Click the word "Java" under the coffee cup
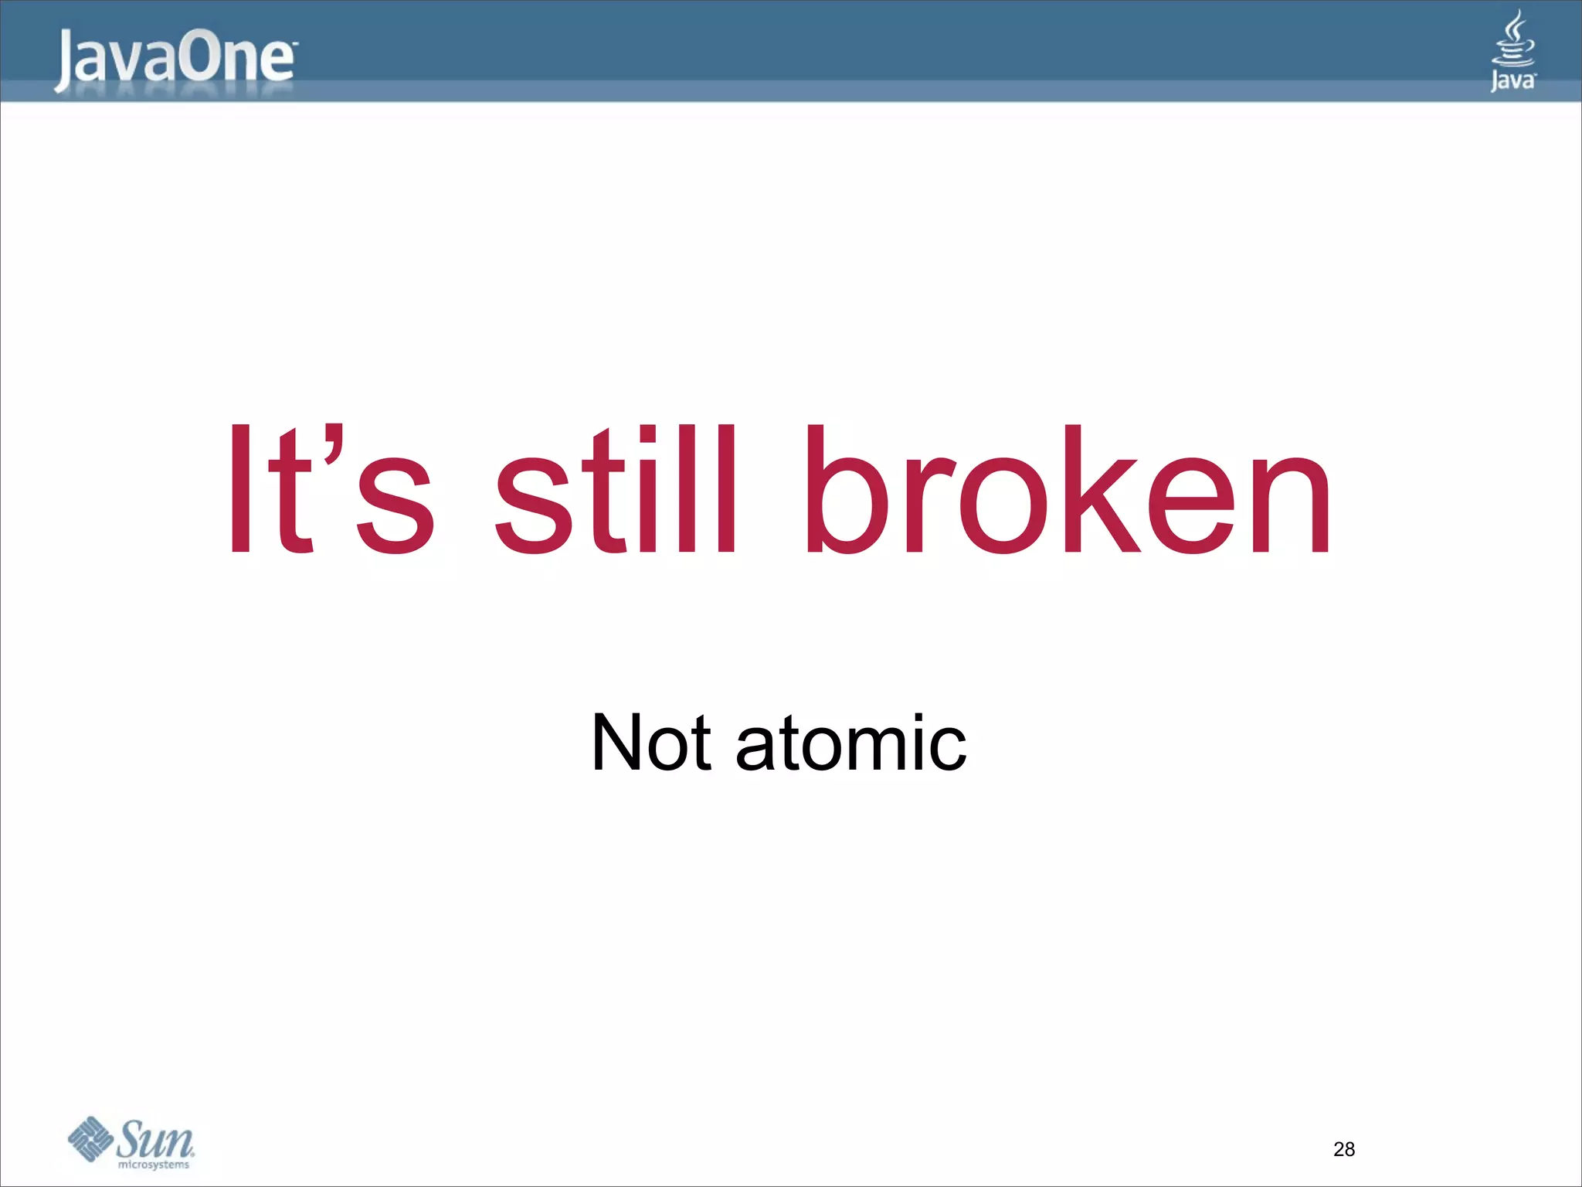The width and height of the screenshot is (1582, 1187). pyautogui.click(x=1512, y=80)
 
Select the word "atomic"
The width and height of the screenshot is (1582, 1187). pyautogui.click(x=850, y=743)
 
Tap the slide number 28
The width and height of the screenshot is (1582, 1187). pyautogui.click(x=1344, y=1150)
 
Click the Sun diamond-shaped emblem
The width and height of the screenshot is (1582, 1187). pyautogui.click(x=91, y=1139)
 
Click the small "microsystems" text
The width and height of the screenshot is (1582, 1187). pyautogui.click(x=154, y=1165)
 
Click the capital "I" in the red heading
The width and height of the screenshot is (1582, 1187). pyautogui.click(x=240, y=490)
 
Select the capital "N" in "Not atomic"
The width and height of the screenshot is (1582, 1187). pyautogui.click(x=620, y=743)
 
